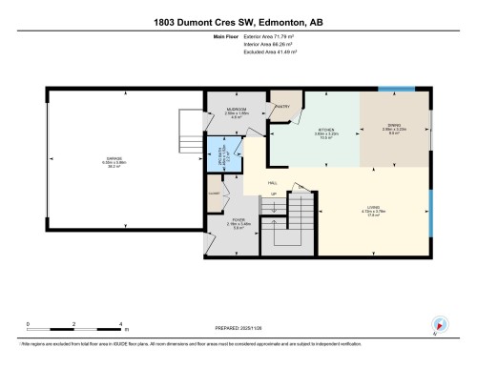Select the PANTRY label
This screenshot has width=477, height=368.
pos(282,107)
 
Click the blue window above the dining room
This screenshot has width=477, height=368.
pos(396,90)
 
